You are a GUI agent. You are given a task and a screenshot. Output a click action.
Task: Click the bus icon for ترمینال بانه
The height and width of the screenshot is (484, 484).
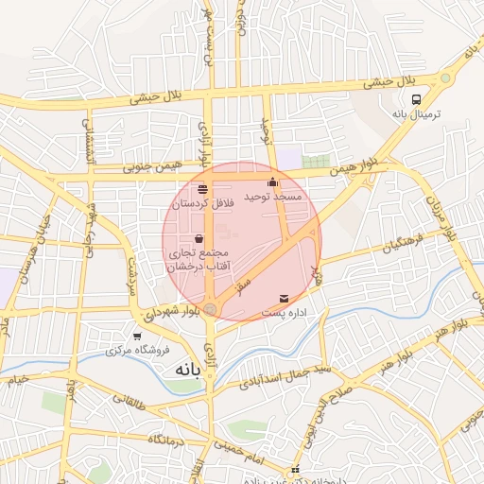pyautogui.click(x=417, y=98)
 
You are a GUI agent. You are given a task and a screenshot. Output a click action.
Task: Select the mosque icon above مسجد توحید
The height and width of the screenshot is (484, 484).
pyautogui.click(x=273, y=182)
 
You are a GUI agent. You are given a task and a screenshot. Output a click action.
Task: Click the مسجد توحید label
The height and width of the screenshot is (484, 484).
pyautogui.click(x=273, y=197)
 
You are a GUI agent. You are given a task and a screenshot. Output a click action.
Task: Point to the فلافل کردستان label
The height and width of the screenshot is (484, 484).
pyautogui.click(x=202, y=203)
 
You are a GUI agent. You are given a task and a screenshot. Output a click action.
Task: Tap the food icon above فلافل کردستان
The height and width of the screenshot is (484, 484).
pyautogui.click(x=202, y=189)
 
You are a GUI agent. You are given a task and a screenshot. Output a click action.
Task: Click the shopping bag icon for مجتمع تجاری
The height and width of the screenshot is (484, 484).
pyautogui.click(x=199, y=239)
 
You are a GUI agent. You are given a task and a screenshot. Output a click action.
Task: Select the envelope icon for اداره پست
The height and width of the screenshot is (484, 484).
pyautogui.click(x=285, y=299)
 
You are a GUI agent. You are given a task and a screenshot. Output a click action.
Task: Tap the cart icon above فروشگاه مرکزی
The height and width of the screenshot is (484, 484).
pyautogui.click(x=138, y=336)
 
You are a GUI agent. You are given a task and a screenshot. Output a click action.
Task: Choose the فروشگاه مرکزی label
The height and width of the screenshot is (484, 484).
pyautogui.click(x=138, y=350)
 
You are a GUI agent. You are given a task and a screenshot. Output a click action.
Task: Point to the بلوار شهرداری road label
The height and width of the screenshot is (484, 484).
pyautogui.click(x=170, y=312)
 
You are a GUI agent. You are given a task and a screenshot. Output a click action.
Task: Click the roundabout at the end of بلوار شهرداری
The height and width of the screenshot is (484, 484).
pyautogui.click(x=211, y=309)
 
